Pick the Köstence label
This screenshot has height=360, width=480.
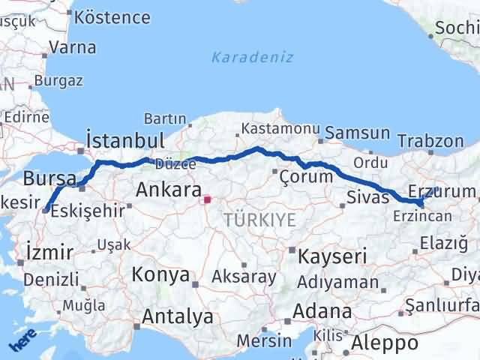click(113, 16)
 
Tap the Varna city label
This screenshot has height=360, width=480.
click(72, 47)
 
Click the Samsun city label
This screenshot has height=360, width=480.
click(357, 133)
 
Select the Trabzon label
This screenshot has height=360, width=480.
click(430, 140)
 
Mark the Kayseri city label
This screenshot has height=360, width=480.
click(332, 256)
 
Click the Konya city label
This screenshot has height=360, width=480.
click(160, 274)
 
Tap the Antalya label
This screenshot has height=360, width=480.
click(177, 317)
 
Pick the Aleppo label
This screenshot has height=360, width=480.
click(385, 343)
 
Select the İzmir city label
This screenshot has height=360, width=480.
click(49, 251)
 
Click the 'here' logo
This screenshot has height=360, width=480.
click(23, 342)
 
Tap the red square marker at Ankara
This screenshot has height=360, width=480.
click(207, 200)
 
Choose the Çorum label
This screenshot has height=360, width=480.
click(305, 177)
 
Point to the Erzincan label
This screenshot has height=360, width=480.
click(422, 215)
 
